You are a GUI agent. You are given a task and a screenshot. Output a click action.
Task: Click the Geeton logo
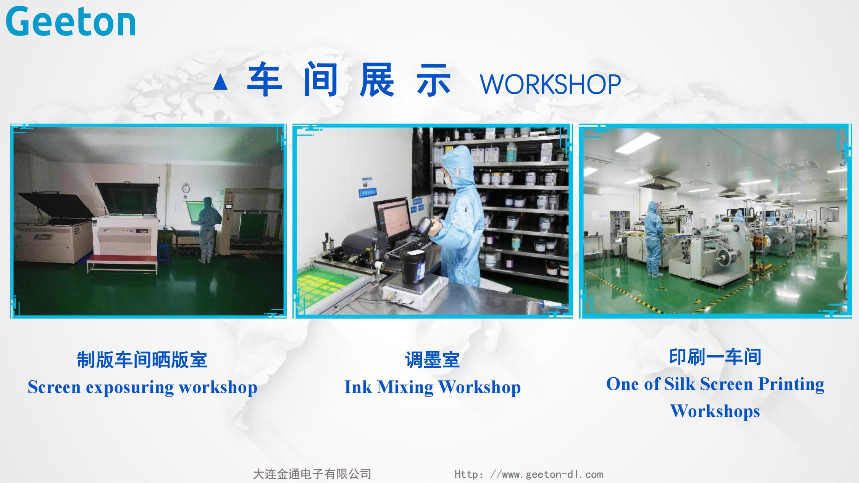(x=71, y=22)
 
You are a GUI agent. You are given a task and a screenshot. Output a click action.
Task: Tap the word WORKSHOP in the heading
(x=550, y=84)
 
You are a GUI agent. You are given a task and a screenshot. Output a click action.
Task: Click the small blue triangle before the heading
(x=220, y=82)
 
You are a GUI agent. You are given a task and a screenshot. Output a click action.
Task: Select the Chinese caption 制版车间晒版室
(x=142, y=360)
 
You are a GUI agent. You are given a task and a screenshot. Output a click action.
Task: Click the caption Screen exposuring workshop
(x=142, y=387)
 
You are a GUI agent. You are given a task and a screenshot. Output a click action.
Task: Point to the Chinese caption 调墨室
(x=432, y=360)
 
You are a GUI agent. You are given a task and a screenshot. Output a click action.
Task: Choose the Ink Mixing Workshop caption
(x=432, y=387)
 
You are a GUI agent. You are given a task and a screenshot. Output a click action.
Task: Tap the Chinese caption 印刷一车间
(x=715, y=357)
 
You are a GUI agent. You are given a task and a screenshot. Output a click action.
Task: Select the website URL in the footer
(x=529, y=474)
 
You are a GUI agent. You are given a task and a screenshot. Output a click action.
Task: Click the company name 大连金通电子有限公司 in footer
(x=312, y=474)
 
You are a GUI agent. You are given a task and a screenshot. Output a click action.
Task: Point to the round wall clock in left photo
(x=186, y=188)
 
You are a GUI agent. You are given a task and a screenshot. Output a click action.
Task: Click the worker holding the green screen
(x=208, y=229)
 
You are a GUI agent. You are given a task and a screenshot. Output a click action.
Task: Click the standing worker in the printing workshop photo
(x=654, y=238)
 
